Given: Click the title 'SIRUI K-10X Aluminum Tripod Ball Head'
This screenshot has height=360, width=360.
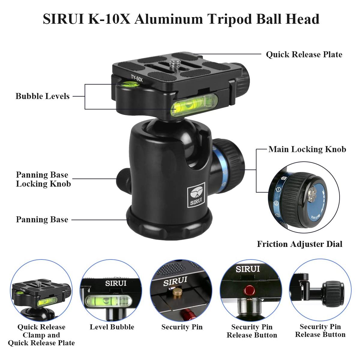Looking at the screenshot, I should [x=181, y=19].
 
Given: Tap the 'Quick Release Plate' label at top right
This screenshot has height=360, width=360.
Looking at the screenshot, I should [x=304, y=55].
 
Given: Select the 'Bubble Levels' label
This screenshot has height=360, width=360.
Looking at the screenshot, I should [x=42, y=96].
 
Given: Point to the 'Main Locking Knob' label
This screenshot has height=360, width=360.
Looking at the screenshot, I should [x=307, y=149].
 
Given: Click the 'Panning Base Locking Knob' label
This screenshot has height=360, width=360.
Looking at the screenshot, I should [x=43, y=179].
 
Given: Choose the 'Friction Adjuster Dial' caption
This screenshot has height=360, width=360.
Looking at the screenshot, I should [x=299, y=244].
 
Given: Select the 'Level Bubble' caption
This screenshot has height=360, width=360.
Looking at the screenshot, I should [x=112, y=327].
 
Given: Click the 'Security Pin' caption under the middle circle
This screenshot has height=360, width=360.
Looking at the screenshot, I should [x=182, y=327].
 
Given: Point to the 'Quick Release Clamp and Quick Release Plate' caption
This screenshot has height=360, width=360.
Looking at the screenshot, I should [x=41, y=335].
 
